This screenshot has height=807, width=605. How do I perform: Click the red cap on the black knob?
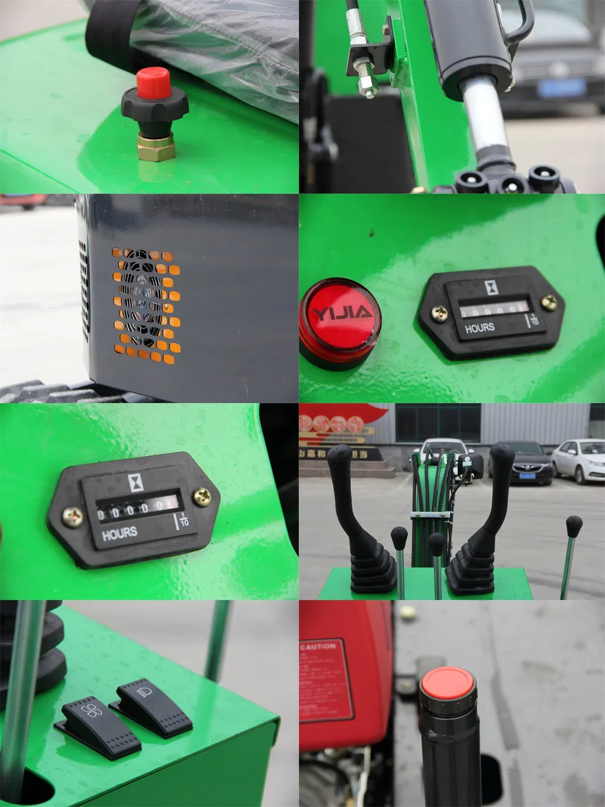(154, 82)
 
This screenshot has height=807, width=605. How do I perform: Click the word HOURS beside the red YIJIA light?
(479, 328)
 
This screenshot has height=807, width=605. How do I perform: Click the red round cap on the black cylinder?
(448, 682)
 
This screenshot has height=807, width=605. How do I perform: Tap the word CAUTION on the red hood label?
(317, 647)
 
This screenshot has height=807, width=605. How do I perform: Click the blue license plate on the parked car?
(562, 88)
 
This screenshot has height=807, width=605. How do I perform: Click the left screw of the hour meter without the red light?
(73, 516)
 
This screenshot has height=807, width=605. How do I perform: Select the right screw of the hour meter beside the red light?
(550, 302)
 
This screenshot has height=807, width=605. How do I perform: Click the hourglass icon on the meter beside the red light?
(491, 287)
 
